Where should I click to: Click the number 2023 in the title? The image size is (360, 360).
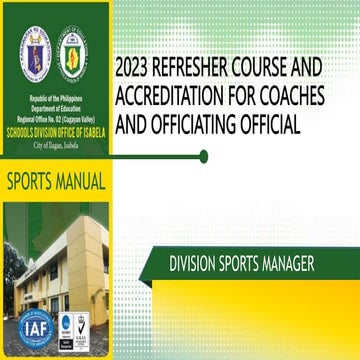137,71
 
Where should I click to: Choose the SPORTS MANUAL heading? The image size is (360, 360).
55,184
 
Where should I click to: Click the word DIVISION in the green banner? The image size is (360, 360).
195,264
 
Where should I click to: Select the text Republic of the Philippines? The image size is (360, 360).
56,103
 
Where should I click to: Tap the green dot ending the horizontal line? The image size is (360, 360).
204,156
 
